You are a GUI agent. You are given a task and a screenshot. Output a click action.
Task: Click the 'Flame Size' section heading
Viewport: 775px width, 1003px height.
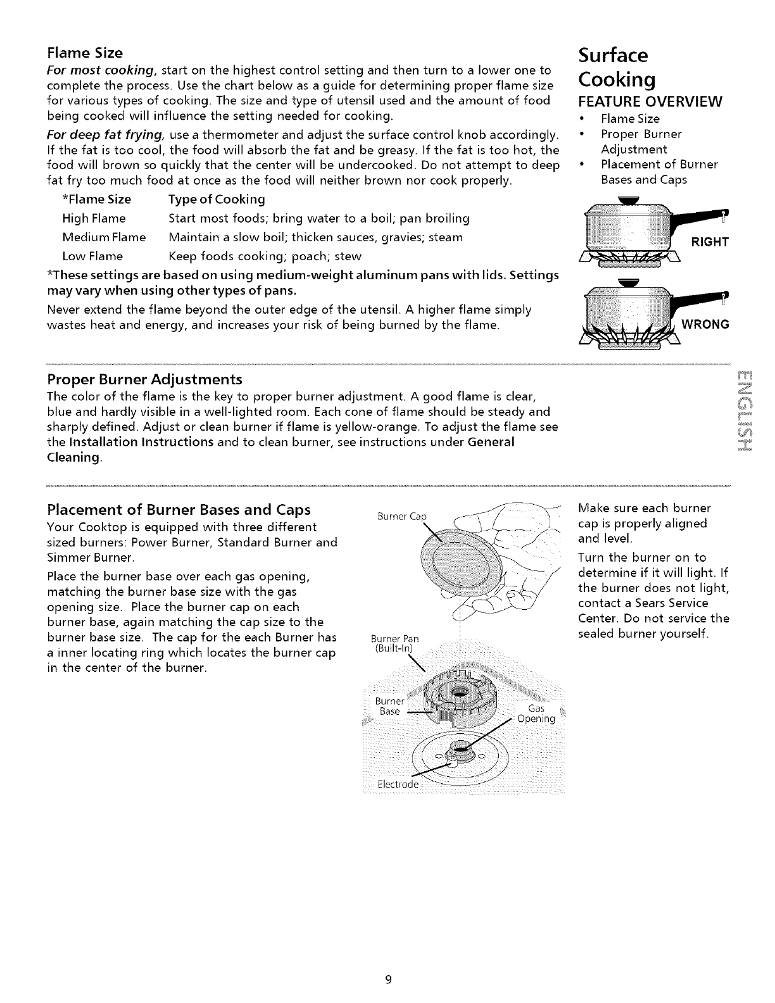point(85,52)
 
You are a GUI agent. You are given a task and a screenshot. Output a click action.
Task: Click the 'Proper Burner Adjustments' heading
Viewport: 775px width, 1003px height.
point(145,379)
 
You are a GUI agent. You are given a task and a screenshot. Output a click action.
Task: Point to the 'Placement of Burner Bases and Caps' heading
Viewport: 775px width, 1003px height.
point(179,510)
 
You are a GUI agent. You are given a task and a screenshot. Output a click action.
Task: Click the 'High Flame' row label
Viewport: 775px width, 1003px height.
point(94,218)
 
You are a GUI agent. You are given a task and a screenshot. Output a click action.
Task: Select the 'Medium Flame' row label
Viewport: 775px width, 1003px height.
point(104,237)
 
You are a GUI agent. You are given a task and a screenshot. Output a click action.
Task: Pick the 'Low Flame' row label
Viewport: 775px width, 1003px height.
point(92,256)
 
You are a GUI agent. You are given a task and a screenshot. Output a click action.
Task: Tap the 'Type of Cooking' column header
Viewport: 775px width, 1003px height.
point(217,199)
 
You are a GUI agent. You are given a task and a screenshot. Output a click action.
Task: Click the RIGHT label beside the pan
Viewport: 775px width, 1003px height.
point(709,242)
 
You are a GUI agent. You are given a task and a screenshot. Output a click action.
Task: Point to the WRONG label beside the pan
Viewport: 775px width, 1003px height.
point(705,324)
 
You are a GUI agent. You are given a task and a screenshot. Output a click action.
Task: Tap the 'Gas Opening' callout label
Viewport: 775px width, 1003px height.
point(536,713)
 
